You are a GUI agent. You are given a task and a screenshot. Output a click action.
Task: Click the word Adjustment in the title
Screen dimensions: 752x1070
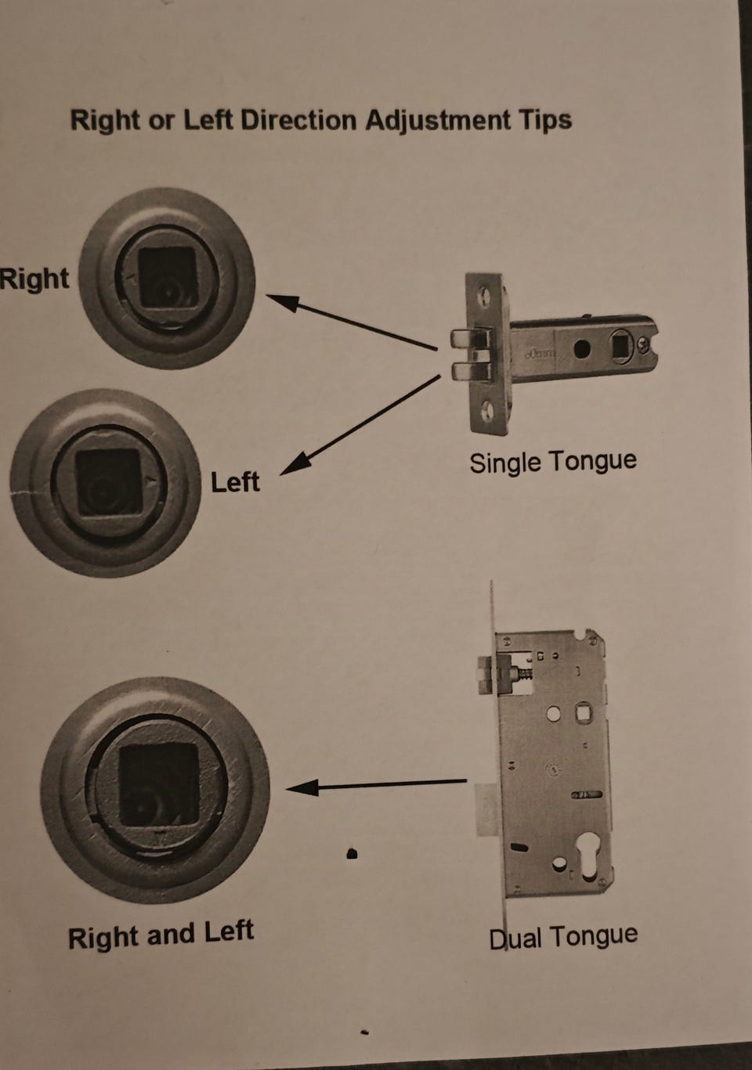pyautogui.click(x=437, y=121)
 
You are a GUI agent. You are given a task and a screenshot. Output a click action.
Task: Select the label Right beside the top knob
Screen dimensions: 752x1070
pyautogui.click(x=34, y=278)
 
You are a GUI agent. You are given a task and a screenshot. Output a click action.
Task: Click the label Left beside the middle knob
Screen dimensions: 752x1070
pyautogui.click(x=235, y=481)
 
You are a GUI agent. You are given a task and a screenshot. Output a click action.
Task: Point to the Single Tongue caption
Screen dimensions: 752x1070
pyautogui.click(x=553, y=462)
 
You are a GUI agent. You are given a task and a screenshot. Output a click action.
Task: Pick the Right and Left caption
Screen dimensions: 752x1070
pyautogui.click(x=161, y=934)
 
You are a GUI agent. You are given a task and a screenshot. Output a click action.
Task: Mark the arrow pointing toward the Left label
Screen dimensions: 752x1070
pyautogui.click(x=360, y=425)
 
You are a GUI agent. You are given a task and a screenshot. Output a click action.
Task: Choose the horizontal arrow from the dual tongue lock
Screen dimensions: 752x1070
pyautogui.click(x=376, y=785)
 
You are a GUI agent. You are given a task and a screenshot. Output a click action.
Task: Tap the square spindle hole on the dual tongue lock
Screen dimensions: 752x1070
pyautogui.click(x=584, y=713)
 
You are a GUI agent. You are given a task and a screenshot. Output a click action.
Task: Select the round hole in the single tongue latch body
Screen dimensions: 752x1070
pyautogui.click(x=581, y=349)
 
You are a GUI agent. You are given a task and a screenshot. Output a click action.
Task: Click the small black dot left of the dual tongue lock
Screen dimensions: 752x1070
pyautogui.click(x=352, y=853)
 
